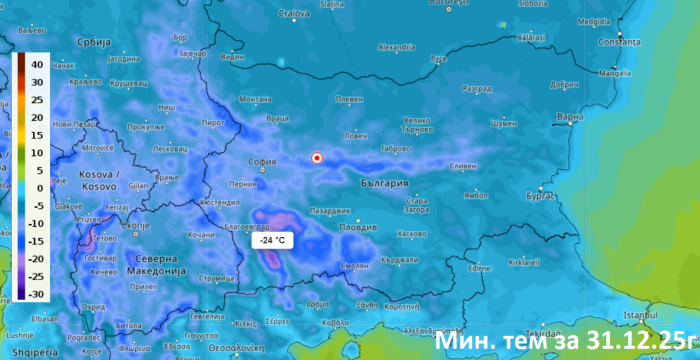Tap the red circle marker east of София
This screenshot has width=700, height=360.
click(x=317, y=158)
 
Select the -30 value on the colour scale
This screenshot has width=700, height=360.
click(x=35, y=294)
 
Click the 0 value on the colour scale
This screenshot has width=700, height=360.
click(x=36, y=187)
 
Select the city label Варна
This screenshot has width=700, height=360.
click(x=569, y=118)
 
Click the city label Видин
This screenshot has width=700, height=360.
click(x=232, y=57)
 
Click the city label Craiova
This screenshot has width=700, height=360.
click(x=292, y=13)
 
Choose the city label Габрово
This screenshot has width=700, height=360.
click(x=397, y=148)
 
